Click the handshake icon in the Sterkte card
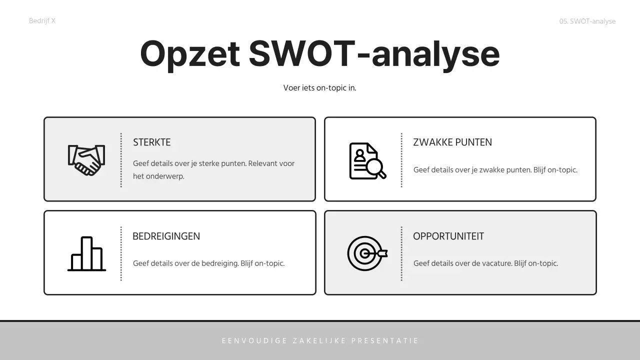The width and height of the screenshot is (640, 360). click(x=86, y=160)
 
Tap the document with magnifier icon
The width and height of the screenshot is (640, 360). click(x=367, y=161)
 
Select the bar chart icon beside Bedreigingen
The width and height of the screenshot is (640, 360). click(x=86, y=254)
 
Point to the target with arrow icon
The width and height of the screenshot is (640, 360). click(x=367, y=253)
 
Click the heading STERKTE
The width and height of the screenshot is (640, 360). click(x=151, y=142)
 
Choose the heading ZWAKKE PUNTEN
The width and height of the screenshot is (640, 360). click(x=452, y=142)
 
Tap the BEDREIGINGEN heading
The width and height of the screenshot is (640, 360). click(x=166, y=236)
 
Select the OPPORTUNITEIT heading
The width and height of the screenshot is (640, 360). click(x=448, y=236)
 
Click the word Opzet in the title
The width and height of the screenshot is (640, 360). click(x=190, y=54)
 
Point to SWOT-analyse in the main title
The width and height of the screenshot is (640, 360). click(x=374, y=54)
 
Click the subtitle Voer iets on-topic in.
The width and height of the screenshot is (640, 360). click(x=319, y=88)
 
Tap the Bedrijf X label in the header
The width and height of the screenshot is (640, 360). click(x=42, y=21)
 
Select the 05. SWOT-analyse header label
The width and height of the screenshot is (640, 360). click(x=587, y=21)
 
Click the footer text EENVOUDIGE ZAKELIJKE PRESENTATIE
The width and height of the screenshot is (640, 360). click(x=320, y=341)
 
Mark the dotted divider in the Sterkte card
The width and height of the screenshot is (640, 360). click(x=121, y=160)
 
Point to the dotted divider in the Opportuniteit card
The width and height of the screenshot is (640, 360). click(x=401, y=253)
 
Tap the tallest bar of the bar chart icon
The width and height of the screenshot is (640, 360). click(x=86, y=252)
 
